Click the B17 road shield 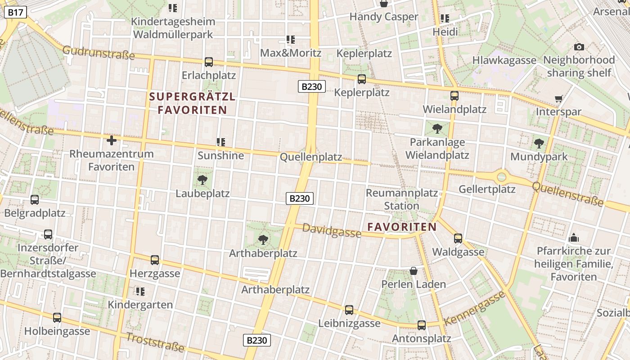[x=15, y=13]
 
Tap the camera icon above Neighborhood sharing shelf [x=579, y=47]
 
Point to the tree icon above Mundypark [x=539, y=144]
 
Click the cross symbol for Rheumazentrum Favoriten [x=112, y=140]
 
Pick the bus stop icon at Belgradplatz [x=35, y=200]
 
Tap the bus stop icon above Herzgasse [x=155, y=260]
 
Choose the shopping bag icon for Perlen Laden [x=414, y=271]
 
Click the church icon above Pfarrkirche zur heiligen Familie [x=574, y=238]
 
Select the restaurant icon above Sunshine [x=220, y=142]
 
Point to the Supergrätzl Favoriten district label [x=192, y=103]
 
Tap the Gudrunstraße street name [x=99, y=53]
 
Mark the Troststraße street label [x=155, y=342]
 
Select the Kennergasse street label [x=475, y=309]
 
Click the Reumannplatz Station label [x=401, y=199]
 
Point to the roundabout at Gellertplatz [x=501, y=176]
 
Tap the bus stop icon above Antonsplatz [x=422, y=325]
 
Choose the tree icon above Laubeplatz [x=202, y=180]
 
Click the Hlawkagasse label [x=504, y=60]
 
